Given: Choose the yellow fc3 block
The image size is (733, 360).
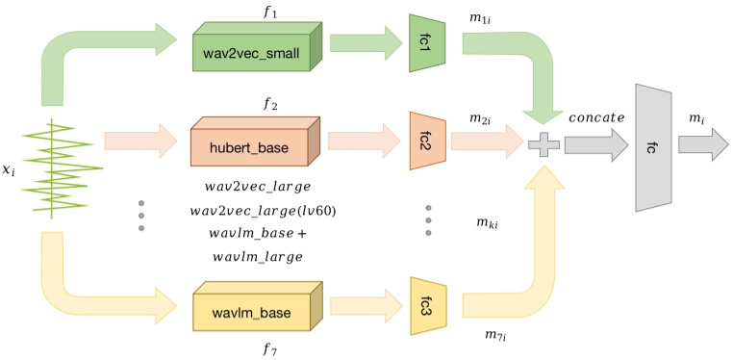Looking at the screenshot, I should click(424, 306).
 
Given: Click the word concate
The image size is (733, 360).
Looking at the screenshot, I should click(596, 116).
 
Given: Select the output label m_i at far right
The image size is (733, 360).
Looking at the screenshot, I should click(695, 117).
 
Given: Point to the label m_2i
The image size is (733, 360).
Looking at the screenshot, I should click(481, 116).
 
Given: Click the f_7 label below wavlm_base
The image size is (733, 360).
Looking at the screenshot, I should click(272, 348).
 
